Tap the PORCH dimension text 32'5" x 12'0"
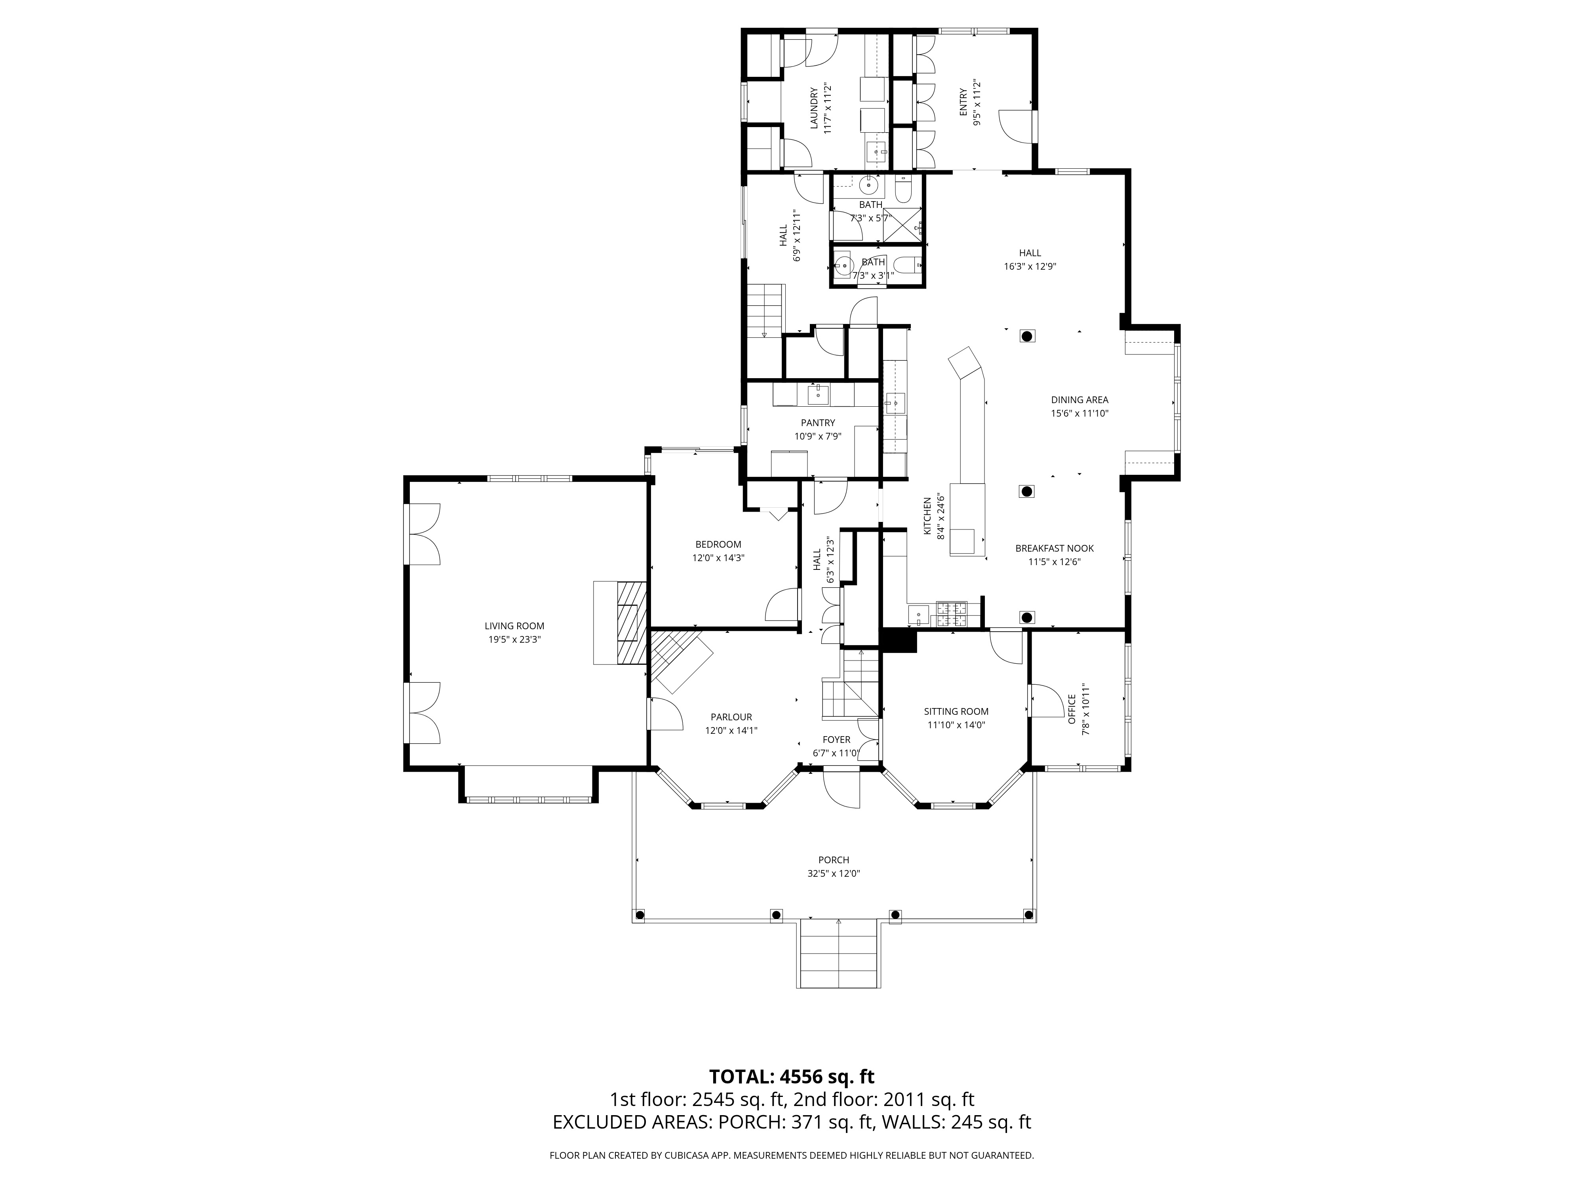coord(834,874)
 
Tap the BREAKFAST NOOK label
coord(1054,548)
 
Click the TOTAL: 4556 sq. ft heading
coord(791,1097)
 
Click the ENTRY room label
coord(963,103)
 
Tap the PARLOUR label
coord(731,717)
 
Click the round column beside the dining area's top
coord(1027,336)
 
